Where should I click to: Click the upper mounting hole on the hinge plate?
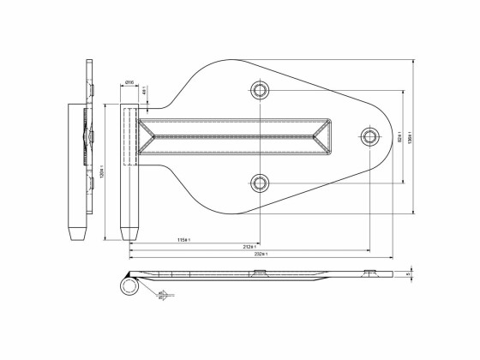[x=261, y=90]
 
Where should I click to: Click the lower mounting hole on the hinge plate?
[x=261, y=181]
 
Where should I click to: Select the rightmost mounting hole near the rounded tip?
[x=369, y=135]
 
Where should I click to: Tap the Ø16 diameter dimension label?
[x=129, y=81]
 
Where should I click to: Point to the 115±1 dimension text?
[x=183, y=238]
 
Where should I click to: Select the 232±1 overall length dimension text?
[x=261, y=255]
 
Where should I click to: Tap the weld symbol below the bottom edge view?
[x=162, y=296]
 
